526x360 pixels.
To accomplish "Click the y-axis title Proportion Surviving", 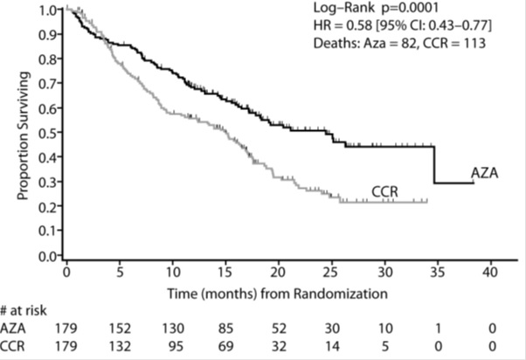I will coord(24,138).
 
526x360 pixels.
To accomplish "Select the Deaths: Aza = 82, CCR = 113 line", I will coord(421,45).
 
